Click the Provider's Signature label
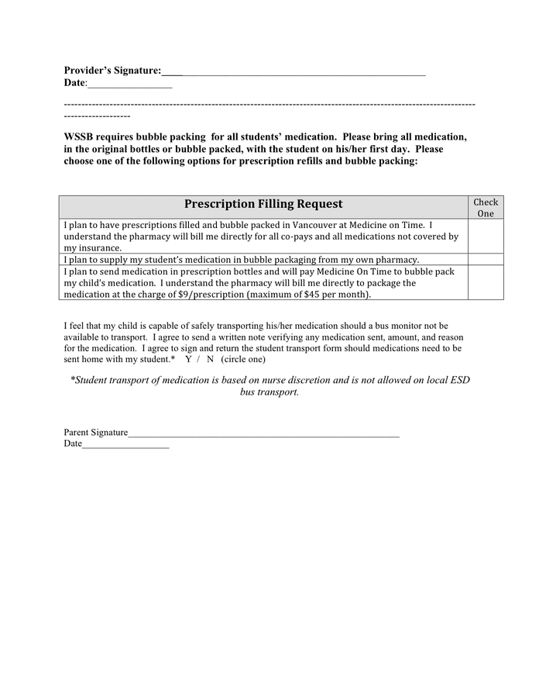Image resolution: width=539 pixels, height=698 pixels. [112, 71]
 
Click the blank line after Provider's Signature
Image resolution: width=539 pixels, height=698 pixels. [302, 72]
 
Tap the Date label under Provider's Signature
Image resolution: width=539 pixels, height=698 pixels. [74, 82]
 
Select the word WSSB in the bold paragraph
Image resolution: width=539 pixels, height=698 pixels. [79, 137]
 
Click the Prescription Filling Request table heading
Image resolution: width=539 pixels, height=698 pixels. [263, 204]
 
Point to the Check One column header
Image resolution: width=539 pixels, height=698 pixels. [486, 208]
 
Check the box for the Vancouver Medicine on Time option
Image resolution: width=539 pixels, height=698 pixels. [486, 236]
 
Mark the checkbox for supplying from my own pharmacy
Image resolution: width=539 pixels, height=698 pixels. [486, 260]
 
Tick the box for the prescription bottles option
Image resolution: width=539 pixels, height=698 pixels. [486, 283]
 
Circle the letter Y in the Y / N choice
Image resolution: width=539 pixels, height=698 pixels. [188, 360]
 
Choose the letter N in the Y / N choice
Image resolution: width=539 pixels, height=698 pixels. [210, 360]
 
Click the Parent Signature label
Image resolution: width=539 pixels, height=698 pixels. [96, 432]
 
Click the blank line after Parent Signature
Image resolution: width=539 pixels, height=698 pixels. [263, 434]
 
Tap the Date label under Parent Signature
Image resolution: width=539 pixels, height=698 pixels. [72, 444]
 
